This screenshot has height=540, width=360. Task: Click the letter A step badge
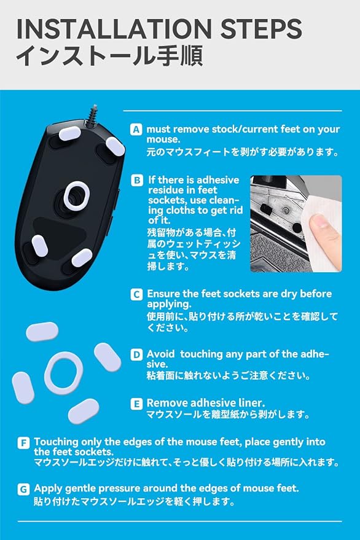[x=136, y=130]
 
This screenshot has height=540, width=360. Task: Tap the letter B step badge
[x=137, y=181]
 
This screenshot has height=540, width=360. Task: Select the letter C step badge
[x=136, y=294]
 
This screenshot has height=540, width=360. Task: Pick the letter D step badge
[x=136, y=354]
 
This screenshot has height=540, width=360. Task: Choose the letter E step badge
[x=136, y=404]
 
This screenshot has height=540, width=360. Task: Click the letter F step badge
[x=23, y=442]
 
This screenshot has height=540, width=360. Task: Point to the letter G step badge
[x=23, y=490]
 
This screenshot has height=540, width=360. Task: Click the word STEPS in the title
[x=261, y=29]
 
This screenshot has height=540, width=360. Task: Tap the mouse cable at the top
[x=93, y=115]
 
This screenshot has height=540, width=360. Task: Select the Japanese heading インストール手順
[x=109, y=55]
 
